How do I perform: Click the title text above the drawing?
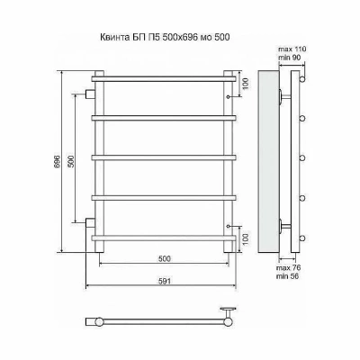(165, 38)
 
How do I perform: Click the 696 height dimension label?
(58, 162)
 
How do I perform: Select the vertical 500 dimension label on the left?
(71, 162)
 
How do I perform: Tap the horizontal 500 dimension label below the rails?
(165, 258)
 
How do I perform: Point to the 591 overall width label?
(165, 281)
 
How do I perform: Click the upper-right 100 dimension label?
(246, 84)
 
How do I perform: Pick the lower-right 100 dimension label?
(246, 238)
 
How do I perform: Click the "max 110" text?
(292, 49)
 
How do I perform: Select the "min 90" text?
(290, 58)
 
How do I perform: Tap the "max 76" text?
(289, 268)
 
